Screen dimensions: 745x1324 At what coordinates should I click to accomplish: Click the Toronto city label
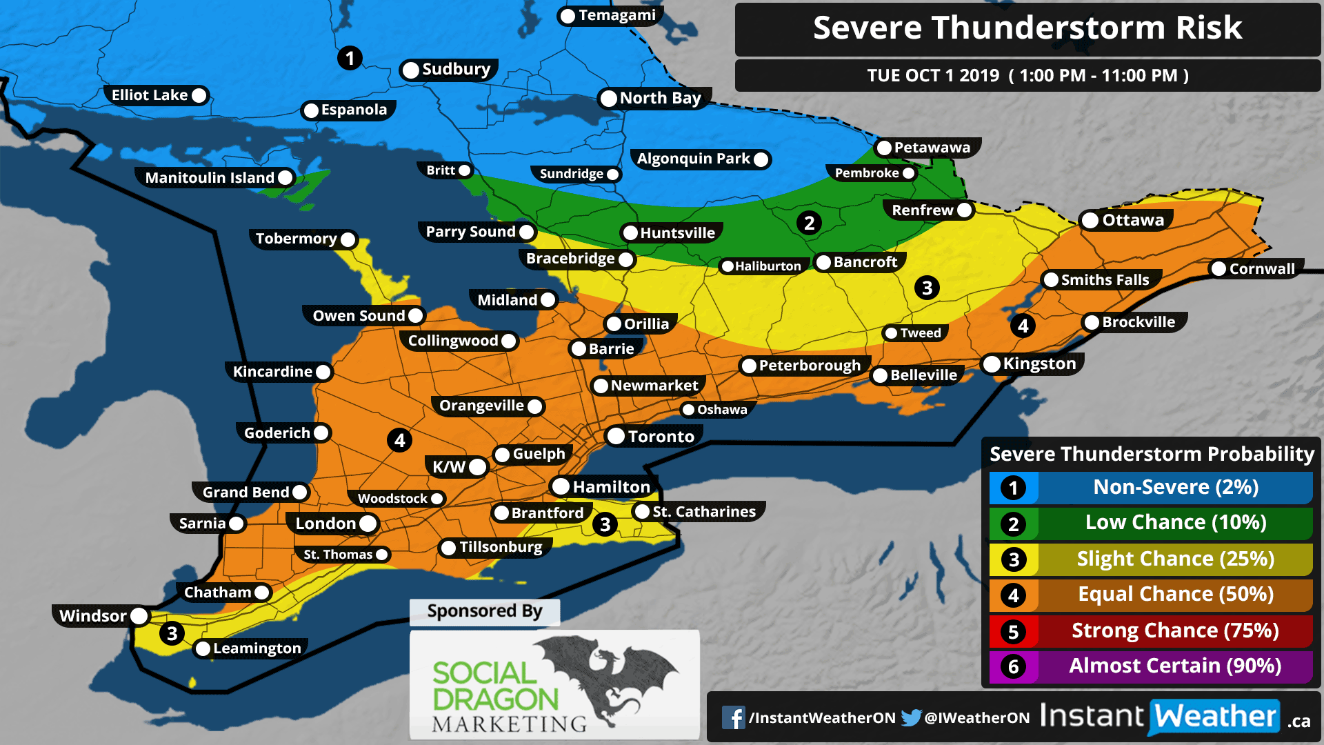point(660,437)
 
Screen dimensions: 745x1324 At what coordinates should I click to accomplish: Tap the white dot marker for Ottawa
point(1090,221)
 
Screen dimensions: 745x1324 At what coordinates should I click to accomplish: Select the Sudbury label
point(456,70)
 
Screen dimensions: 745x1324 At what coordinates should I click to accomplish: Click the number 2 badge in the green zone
point(809,223)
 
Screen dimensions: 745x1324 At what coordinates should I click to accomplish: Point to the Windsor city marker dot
point(139,616)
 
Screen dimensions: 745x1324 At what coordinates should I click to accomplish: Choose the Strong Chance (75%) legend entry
point(1174,630)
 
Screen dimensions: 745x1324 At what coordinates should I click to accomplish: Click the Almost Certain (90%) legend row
point(1174,666)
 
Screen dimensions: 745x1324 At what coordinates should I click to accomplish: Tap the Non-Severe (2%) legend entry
point(1174,488)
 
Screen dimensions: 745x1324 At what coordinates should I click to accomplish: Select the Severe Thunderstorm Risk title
point(1027,29)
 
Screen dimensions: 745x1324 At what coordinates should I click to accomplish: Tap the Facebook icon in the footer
point(733,718)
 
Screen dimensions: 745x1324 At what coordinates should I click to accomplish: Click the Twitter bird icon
point(911,718)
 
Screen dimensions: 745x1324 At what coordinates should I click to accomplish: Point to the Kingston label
point(1039,364)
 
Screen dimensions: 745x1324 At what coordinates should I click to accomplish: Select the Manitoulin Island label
point(210,178)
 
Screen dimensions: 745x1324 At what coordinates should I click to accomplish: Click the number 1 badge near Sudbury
point(350,58)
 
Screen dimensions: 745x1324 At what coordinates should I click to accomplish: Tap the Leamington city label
point(257,648)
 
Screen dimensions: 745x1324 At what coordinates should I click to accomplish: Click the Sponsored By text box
point(484,612)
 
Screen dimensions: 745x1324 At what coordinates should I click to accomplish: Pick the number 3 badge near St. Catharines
point(605,525)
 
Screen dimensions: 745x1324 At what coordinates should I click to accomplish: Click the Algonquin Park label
point(693,159)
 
